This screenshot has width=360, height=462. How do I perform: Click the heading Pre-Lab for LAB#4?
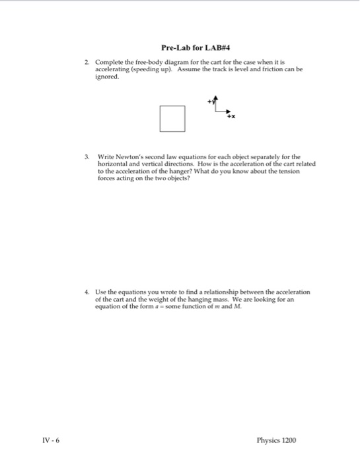(x=190, y=48)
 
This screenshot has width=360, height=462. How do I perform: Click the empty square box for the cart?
(x=171, y=119)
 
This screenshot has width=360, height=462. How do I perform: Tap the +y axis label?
(x=210, y=101)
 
